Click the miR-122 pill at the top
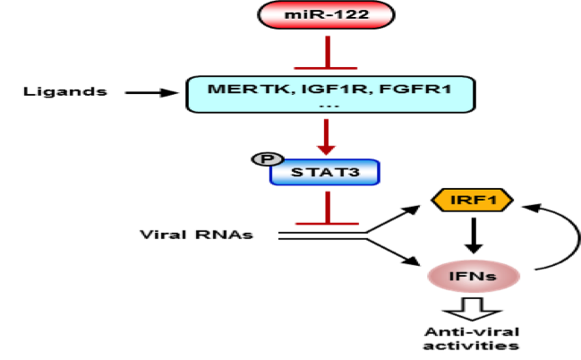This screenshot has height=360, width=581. (x=326, y=14)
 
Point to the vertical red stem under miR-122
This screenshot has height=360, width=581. (x=328, y=50)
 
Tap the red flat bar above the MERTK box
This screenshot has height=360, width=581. (x=328, y=67)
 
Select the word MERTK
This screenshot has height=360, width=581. (x=235, y=89)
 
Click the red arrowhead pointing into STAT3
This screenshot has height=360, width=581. (x=327, y=149)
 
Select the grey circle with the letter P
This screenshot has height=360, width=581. (x=267, y=159)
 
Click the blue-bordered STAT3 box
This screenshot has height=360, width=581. (x=325, y=172)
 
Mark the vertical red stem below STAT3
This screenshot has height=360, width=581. (x=328, y=204)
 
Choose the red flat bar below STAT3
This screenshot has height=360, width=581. (x=328, y=222)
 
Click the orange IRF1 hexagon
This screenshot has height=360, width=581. (x=472, y=201)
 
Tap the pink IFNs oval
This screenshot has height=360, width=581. (x=474, y=276)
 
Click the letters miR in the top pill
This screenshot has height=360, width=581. (x=305, y=14)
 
